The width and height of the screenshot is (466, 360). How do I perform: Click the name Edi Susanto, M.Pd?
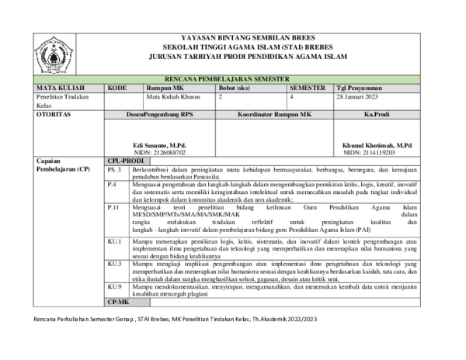point(159,146)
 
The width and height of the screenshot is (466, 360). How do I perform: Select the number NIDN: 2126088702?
point(159,154)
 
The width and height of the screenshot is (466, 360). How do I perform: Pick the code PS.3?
point(114,168)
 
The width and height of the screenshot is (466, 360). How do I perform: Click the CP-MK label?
point(118,300)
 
